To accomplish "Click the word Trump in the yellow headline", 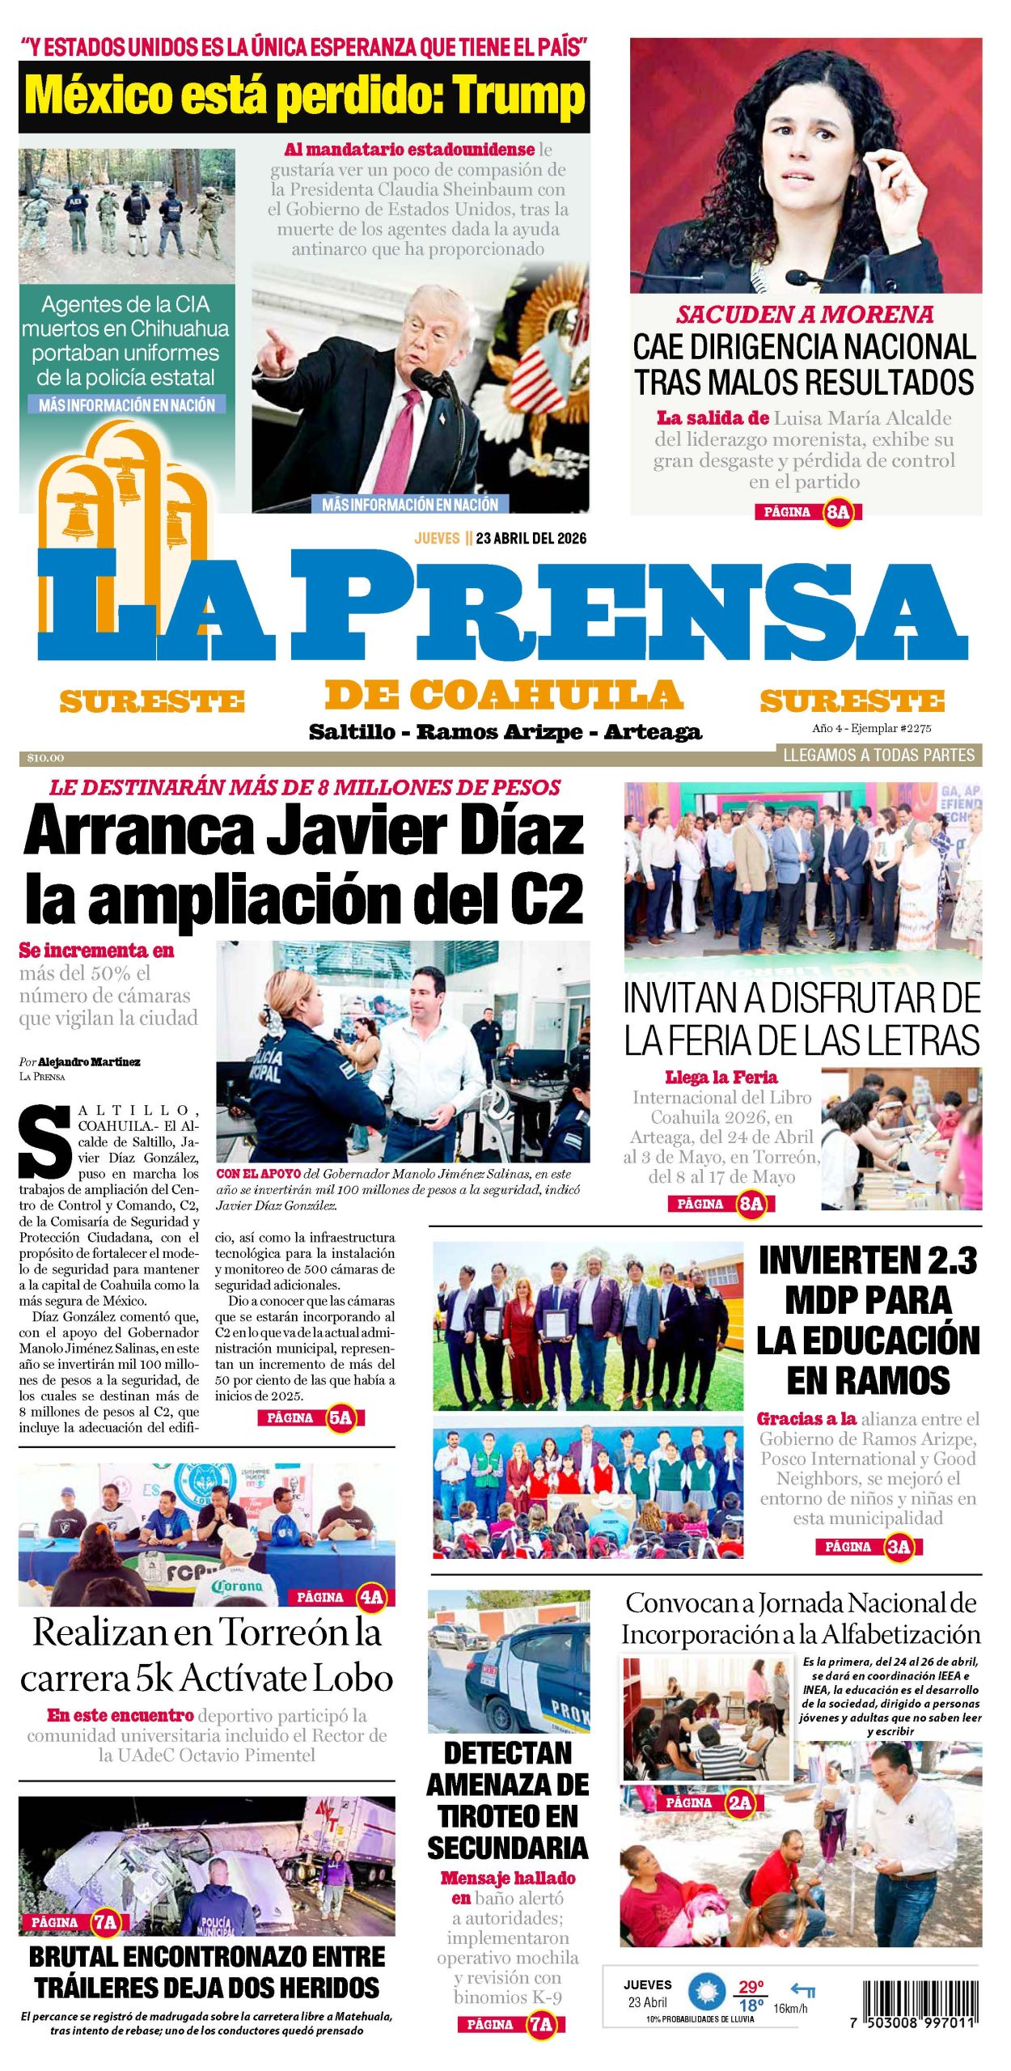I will [x=518, y=96].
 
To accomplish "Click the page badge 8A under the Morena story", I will [x=838, y=511].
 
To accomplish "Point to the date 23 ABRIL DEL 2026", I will [x=531, y=538].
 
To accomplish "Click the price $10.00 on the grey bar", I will [x=45, y=758].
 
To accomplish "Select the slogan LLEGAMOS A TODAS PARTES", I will [x=879, y=755].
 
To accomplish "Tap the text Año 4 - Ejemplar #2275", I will [x=871, y=728].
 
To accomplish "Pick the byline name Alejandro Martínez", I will [x=89, y=1061].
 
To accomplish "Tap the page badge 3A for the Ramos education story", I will [x=899, y=1547].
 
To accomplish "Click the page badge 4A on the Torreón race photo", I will [x=371, y=1597].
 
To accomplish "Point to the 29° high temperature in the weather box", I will [x=751, y=1987].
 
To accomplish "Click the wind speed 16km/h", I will [x=790, y=2008].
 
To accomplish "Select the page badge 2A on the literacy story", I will [x=739, y=1802].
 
